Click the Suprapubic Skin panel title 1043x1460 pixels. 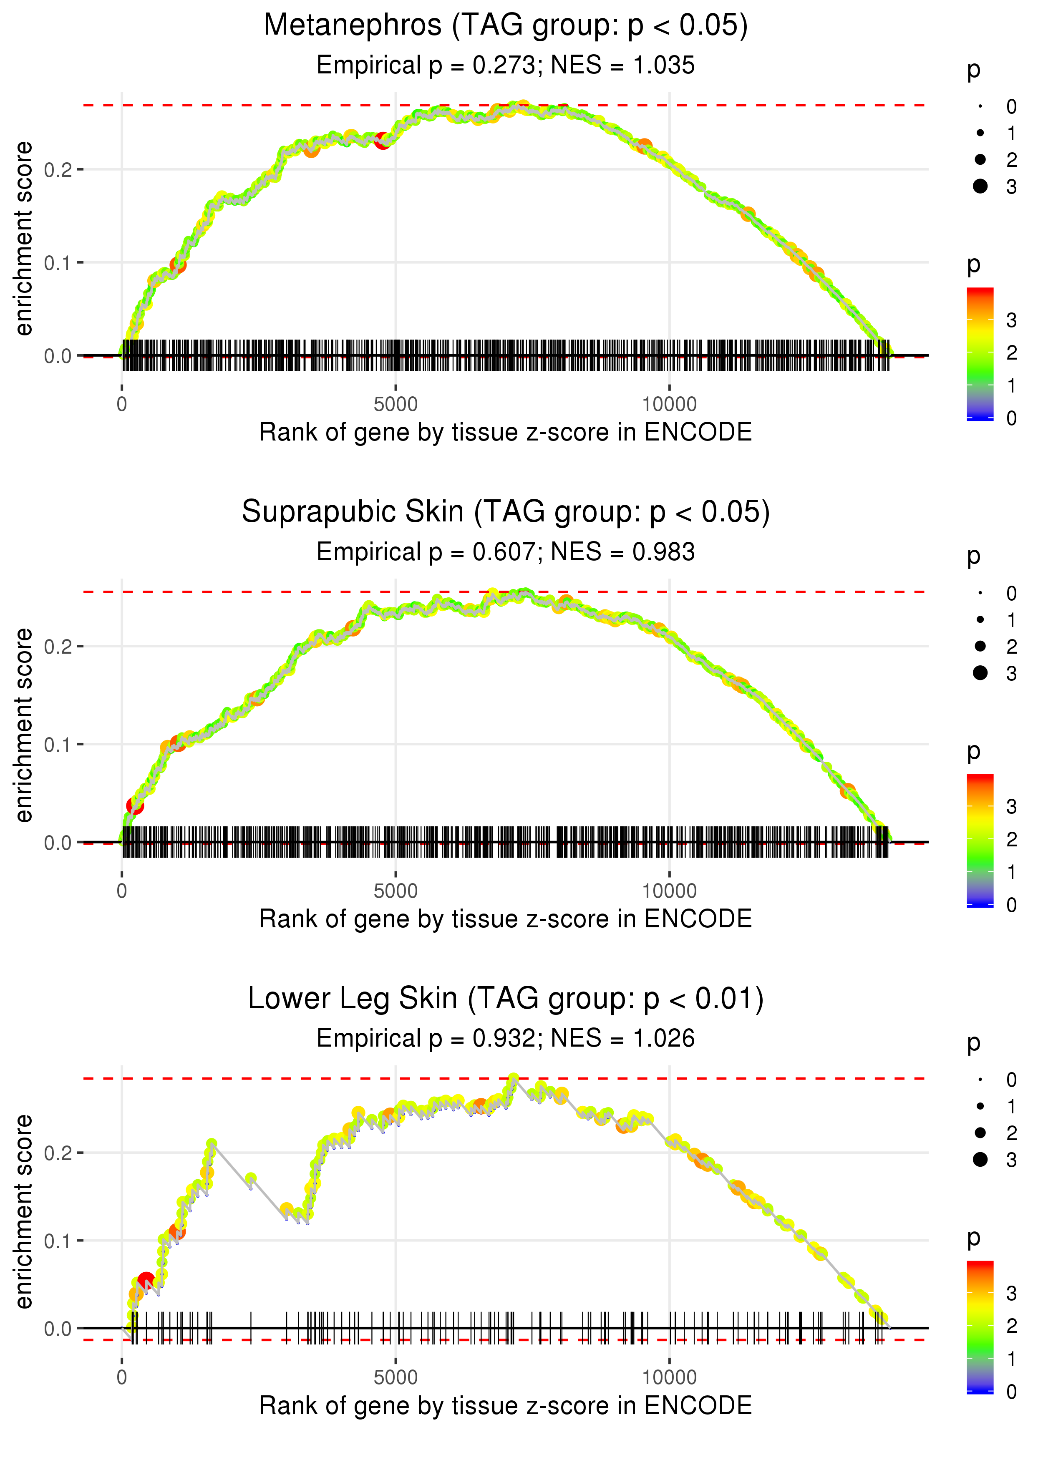pyautogui.click(x=506, y=512)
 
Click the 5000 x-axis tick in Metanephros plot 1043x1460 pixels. pyautogui.click(x=396, y=405)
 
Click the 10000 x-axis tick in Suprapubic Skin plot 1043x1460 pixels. pyautogui.click(x=669, y=891)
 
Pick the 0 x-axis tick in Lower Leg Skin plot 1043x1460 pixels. pyautogui.click(x=122, y=1378)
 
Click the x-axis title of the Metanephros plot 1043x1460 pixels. pyautogui.click(x=506, y=432)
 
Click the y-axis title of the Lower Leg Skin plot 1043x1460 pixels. pyautogui.click(x=24, y=1212)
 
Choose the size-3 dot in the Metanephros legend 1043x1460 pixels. pyautogui.click(x=980, y=186)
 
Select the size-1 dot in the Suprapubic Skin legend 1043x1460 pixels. pyautogui.click(x=980, y=619)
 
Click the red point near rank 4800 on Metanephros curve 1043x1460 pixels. pyautogui.click(x=383, y=141)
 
